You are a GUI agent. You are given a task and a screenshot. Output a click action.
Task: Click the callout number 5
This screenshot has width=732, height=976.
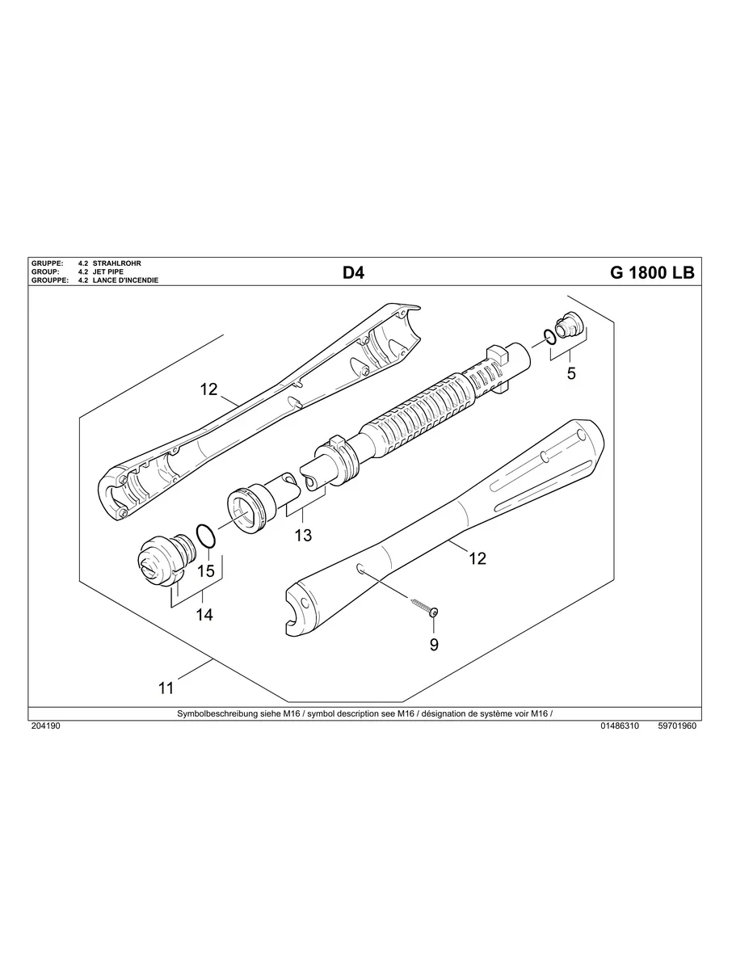point(571,373)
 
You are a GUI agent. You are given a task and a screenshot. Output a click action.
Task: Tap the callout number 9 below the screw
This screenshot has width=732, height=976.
point(434,645)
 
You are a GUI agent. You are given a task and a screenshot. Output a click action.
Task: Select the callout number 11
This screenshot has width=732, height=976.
point(166,688)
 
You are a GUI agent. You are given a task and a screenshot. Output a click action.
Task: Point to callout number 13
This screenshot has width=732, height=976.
point(303,535)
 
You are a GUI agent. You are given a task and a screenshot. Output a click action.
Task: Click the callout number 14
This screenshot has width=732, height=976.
point(204,615)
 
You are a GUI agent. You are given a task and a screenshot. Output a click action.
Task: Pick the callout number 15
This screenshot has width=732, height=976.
point(206,570)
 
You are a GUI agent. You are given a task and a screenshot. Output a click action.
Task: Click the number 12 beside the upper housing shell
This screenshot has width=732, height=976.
point(208,389)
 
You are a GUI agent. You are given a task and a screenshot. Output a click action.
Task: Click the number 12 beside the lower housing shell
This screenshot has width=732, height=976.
point(477,558)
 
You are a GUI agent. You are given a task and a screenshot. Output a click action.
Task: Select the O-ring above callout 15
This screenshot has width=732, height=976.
point(205,536)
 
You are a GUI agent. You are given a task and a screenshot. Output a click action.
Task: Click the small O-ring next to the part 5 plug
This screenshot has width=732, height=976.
point(549,337)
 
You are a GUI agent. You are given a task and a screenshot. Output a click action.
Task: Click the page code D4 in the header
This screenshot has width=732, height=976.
point(353,273)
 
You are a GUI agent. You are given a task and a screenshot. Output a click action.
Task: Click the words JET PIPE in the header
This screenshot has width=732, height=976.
point(108,271)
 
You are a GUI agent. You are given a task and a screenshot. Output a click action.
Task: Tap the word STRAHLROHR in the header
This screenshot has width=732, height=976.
point(117,263)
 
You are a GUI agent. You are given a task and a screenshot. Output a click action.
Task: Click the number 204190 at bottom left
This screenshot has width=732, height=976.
point(45,726)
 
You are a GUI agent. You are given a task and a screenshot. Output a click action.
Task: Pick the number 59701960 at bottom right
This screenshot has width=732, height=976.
point(677,726)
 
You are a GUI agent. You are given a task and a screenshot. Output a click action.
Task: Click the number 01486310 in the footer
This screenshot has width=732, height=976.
point(620,726)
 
